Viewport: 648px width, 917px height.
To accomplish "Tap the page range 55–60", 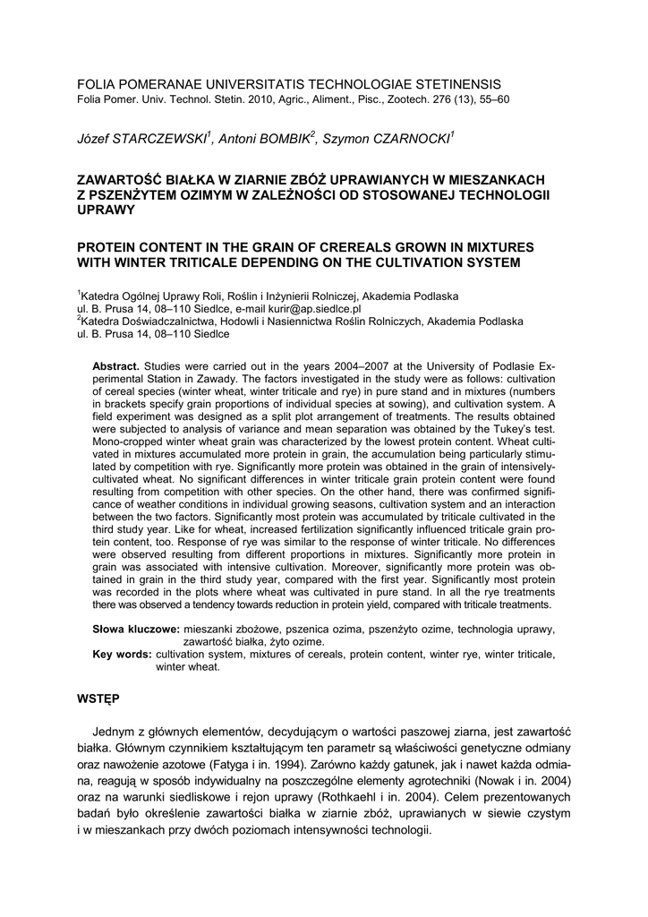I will click(491, 99).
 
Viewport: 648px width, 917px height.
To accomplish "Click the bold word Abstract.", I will click(116, 367).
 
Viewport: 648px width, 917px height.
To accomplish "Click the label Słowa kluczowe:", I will click(136, 630).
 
